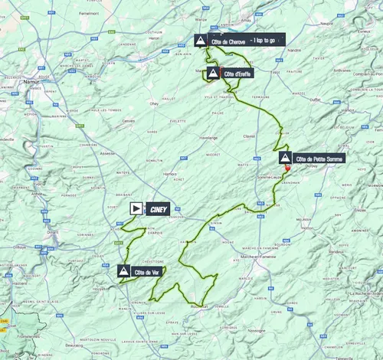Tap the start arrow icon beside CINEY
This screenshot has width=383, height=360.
pos(136,207)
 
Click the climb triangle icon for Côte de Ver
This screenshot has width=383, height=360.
pos(124,270)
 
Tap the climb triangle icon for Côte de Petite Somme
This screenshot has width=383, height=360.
pos(285,159)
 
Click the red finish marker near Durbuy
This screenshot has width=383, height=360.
pos(287,169)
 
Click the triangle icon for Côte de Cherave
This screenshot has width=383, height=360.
pos(200,41)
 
